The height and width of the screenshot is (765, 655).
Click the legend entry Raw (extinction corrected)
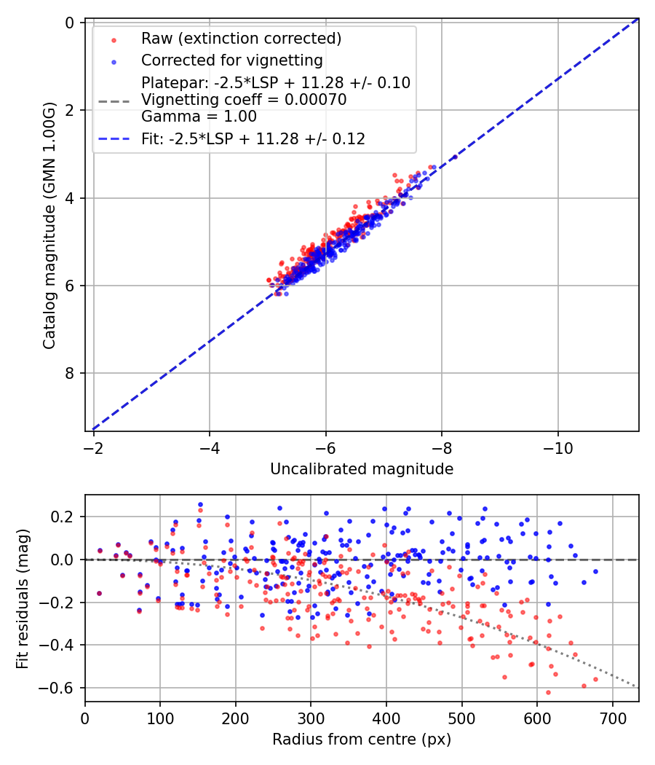point(241,38)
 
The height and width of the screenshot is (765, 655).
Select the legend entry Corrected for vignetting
point(232,60)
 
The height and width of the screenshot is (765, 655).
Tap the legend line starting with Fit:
point(253,138)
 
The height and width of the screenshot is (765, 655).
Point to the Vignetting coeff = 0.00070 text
point(244,99)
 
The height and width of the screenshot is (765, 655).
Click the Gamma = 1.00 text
point(199,116)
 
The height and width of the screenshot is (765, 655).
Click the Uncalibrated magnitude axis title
point(362,469)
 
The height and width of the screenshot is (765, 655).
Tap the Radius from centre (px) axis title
point(362,739)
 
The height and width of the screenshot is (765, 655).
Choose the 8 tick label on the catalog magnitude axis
point(70,373)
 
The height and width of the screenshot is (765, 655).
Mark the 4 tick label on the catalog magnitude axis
point(70,197)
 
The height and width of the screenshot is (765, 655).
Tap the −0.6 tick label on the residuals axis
point(60,688)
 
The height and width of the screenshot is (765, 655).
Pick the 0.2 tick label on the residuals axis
point(65,517)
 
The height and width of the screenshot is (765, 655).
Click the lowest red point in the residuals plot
point(548,692)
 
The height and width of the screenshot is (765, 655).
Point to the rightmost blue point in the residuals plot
point(595,572)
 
